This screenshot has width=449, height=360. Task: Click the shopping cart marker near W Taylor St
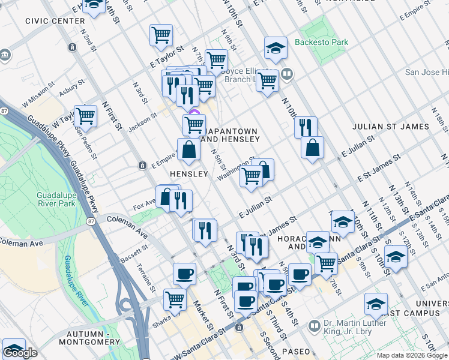86,115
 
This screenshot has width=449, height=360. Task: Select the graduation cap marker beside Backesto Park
276,49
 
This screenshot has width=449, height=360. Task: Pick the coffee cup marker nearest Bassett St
184,273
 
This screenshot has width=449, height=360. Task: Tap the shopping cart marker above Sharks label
175,299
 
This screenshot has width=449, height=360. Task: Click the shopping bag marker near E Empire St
188,149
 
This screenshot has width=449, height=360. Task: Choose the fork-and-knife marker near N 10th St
306,127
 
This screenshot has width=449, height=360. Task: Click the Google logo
20,353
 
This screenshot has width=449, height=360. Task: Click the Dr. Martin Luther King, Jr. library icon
315,326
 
